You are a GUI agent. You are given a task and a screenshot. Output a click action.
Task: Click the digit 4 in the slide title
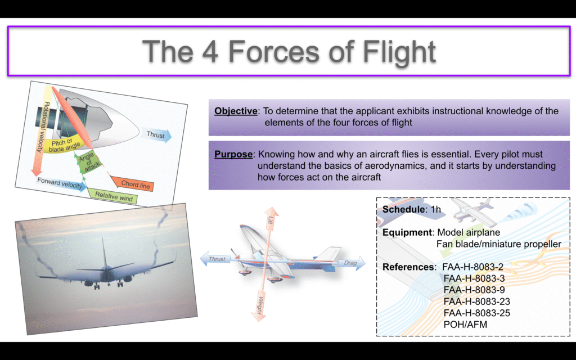[210, 51]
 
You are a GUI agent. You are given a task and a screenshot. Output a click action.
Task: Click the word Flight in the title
[399, 51]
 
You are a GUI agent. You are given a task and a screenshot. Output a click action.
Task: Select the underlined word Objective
[236, 111]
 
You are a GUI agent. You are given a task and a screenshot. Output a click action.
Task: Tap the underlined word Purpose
[233, 154]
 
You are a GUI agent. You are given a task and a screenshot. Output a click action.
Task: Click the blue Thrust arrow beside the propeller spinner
[157, 135]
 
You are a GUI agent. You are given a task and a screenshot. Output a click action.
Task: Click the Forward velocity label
[61, 183]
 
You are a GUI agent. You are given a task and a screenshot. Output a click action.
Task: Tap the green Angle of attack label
[88, 161]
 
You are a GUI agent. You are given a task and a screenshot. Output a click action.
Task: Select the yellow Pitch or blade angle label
[63, 145]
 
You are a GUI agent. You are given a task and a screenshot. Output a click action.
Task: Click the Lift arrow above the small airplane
[271, 220]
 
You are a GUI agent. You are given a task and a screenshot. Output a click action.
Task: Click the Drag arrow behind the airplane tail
[351, 263]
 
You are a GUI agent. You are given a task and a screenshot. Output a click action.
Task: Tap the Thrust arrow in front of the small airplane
[215, 259]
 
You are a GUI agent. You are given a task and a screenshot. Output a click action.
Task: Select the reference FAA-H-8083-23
[477, 301]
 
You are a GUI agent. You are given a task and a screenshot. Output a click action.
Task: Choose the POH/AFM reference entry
[465, 325]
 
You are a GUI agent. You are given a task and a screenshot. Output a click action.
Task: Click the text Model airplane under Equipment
[469, 232]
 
